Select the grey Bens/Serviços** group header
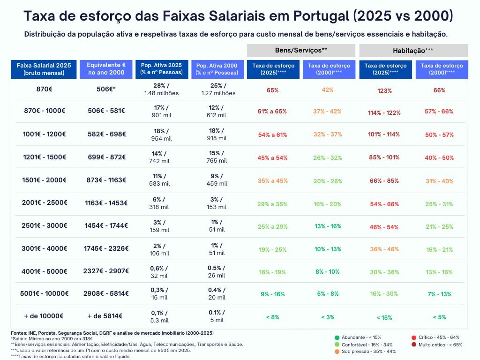tap(301, 50)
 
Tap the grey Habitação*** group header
tap(413, 50)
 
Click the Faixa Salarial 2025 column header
tap(44, 69)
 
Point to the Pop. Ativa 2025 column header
tap(161, 69)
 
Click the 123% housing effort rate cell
tap(384, 91)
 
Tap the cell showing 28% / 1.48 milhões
tap(161, 89)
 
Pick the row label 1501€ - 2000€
tap(45, 180)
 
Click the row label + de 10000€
tap(45, 316)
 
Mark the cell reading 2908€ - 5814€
tap(106, 293)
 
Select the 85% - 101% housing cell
tap(384, 157)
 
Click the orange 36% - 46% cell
tap(384, 249)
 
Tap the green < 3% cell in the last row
tap(328, 317)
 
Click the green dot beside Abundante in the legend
tap(337, 337)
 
